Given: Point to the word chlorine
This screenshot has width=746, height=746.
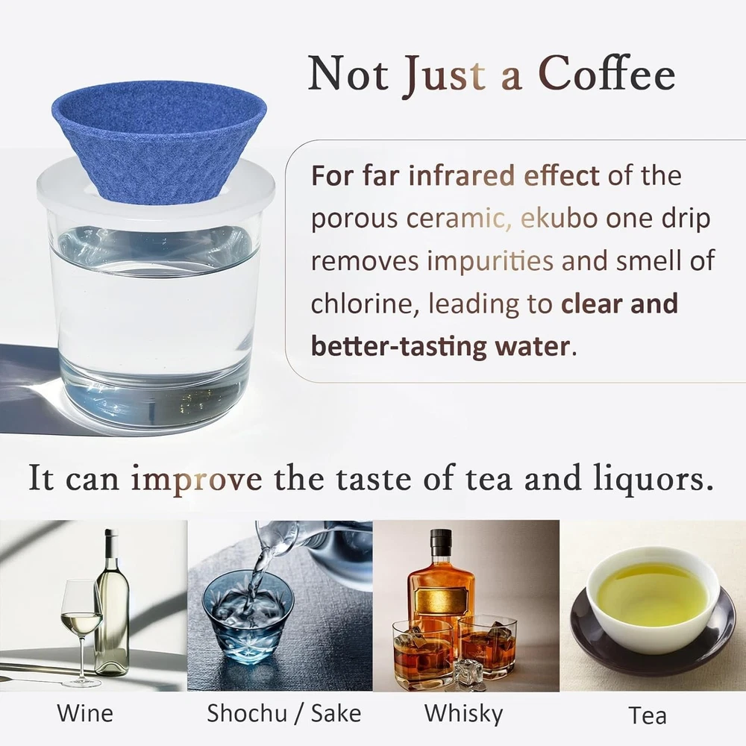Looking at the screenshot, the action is tap(366, 304).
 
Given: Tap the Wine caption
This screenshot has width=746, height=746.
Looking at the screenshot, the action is tap(85, 713).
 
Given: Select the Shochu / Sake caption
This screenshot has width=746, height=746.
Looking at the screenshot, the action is tap(284, 713).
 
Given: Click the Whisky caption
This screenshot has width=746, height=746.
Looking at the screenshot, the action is tap(463, 714).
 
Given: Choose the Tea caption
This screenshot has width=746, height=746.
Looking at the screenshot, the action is tap(648, 715).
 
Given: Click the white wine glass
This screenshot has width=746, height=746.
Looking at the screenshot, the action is tap(81, 633).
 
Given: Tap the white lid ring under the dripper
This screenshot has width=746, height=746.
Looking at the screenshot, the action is tap(156, 190).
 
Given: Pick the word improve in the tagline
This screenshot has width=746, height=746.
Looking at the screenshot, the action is tap(196, 480).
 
